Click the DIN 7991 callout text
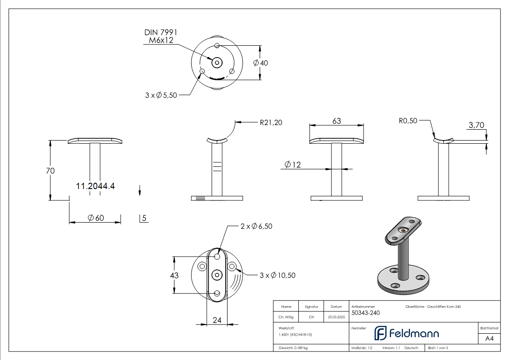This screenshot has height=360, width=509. tap(160, 33)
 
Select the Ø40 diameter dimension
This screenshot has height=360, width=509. tap(261, 63)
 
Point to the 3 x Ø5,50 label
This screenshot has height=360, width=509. tap(161, 95)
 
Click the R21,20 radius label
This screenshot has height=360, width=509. tap(271, 122)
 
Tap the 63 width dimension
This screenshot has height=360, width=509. tap(336, 121)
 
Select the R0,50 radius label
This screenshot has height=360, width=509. tap(408, 121)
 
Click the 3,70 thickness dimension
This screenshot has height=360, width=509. tap(476, 126)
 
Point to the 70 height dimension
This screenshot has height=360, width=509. tap(50, 171)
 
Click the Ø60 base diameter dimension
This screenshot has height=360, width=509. tap(96, 218)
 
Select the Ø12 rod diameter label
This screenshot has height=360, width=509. tap(293, 165)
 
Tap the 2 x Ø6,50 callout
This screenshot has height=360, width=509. tap(256, 226)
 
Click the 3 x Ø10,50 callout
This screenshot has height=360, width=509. tap(277, 275)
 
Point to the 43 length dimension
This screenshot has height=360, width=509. tap(174, 275)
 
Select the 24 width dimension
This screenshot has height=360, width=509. tap(217, 320)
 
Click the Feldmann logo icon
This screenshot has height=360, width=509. tap(379, 333)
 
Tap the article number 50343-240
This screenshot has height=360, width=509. tap(366, 312)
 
